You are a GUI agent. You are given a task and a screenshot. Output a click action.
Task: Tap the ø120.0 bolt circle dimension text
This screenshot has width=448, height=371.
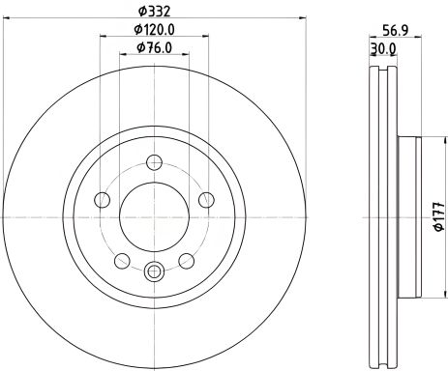[155, 31]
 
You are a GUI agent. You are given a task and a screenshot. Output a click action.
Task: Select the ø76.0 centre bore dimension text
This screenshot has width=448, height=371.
[154, 48]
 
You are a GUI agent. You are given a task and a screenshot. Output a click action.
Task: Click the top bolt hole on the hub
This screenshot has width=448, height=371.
[154, 162]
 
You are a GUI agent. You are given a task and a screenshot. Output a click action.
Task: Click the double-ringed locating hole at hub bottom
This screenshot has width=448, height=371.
[154, 273]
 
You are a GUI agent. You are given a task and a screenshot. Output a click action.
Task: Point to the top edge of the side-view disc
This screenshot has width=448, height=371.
[386, 64]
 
